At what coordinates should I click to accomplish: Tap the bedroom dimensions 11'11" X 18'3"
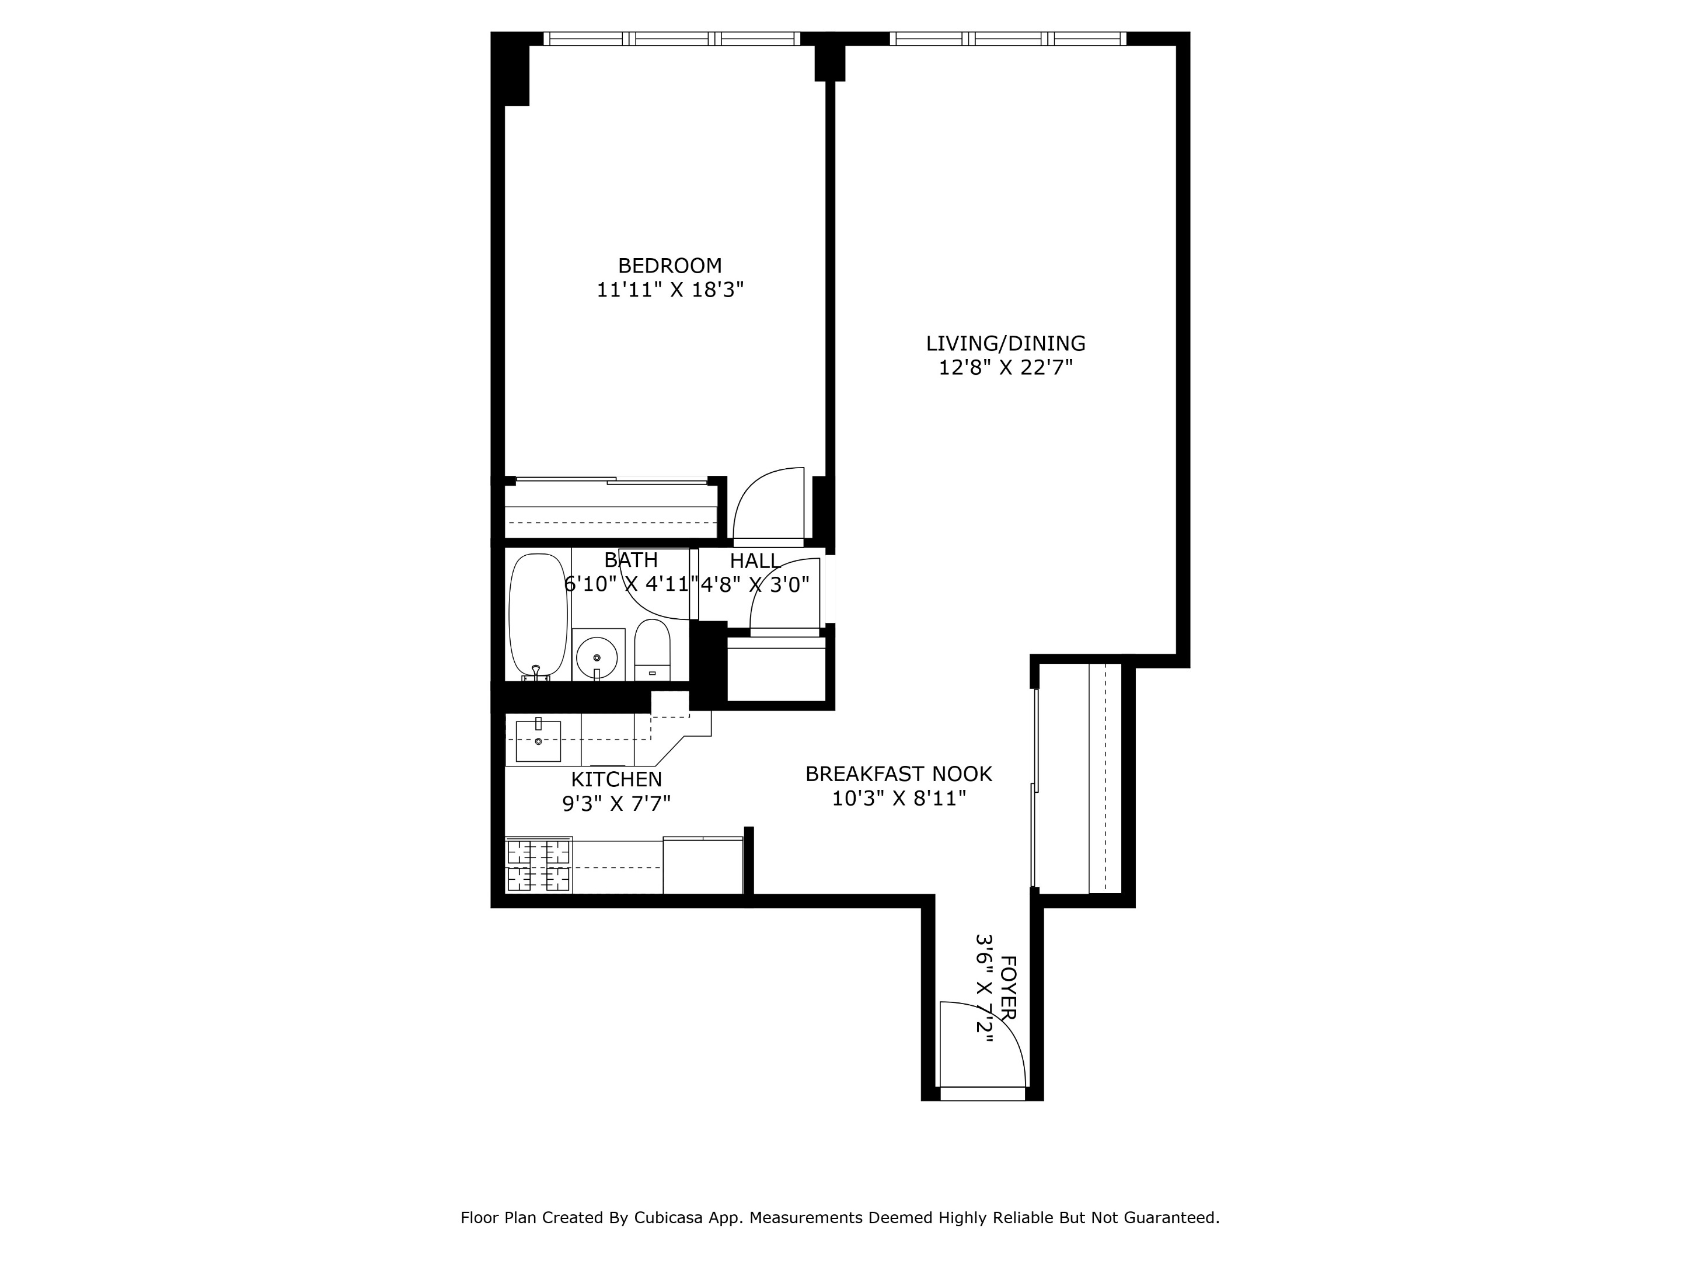[669, 290]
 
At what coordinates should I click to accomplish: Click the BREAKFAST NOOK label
[898, 774]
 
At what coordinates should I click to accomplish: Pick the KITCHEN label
[616, 779]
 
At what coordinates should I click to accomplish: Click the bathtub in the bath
[538, 616]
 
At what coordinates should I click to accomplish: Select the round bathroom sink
[597, 654]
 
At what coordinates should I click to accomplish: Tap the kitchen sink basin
[538, 741]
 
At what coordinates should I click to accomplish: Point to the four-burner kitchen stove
[538, 865]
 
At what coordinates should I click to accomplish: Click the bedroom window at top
[671, 38]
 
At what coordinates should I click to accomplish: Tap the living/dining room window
[1007, 38]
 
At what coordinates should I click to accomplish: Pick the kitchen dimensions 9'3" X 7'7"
[616, 803]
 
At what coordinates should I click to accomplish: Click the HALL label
[755, 561]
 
